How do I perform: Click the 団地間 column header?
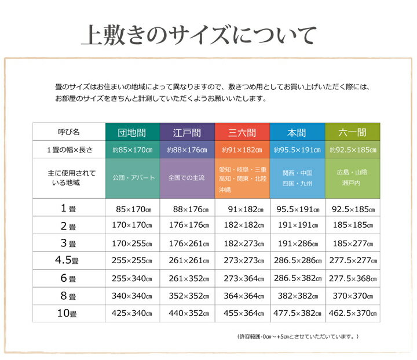(x=132, y=132)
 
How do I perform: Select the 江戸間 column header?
(x=187, y=132)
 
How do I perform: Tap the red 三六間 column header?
(x=242, y=132)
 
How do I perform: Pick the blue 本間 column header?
(x=297, y=132)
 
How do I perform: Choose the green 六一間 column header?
(x=352, y=132)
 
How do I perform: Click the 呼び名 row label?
(x=68, y=132)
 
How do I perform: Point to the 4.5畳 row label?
(x=68, y=260)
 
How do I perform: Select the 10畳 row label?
(x=68, y=314)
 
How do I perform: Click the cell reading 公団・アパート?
(x=132, y=177)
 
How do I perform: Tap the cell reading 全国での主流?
(x=187, y=177)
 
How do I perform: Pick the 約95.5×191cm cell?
(x=297, y=150)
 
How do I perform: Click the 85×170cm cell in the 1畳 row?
(x=132, y=208)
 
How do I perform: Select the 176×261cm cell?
(x=187, y=243)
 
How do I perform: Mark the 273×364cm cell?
(x=242, y=278)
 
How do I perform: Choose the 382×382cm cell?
(x=297, y=296)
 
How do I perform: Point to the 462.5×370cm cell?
(x=352, y=314)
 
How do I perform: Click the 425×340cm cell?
(x=132, y=314)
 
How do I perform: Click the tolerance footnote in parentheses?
(x=298, y=336)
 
